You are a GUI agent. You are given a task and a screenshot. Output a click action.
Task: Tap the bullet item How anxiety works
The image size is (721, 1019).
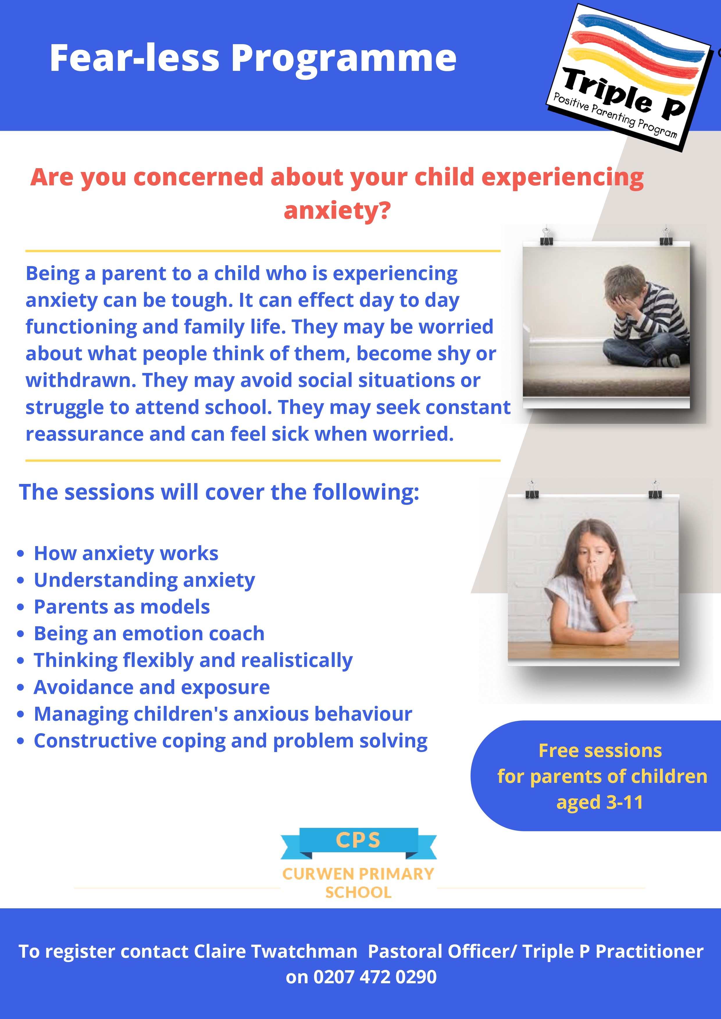tap(126, 553)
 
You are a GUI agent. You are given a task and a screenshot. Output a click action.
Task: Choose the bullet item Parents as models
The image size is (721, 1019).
tap(122, 607)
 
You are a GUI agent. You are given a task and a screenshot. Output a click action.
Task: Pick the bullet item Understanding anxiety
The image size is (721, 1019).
tap(144, 580)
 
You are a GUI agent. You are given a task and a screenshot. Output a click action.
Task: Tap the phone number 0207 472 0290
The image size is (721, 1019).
tap(375, 977)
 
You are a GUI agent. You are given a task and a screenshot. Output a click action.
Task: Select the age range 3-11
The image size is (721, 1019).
tap(624, 802)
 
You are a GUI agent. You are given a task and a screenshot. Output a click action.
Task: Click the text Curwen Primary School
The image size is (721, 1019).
tap(358, 883)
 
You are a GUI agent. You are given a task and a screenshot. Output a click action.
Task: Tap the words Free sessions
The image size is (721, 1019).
tap(600, 751)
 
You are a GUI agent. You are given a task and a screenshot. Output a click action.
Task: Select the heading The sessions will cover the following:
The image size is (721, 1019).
tap(219, 492)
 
